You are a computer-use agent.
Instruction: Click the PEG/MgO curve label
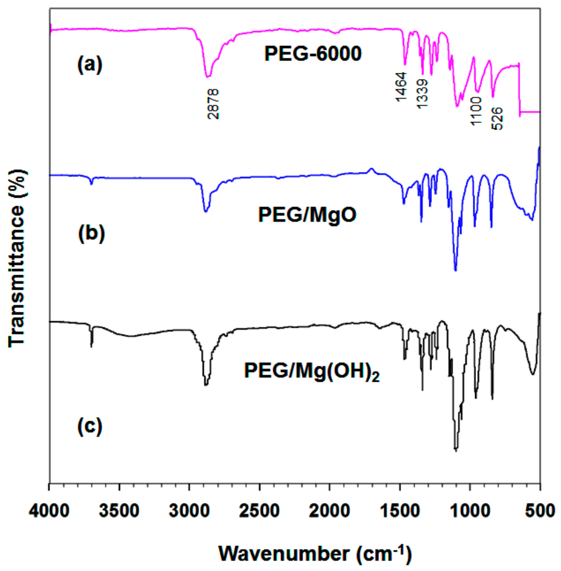click(307, 214)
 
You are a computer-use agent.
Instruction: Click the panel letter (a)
click(90, 65)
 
